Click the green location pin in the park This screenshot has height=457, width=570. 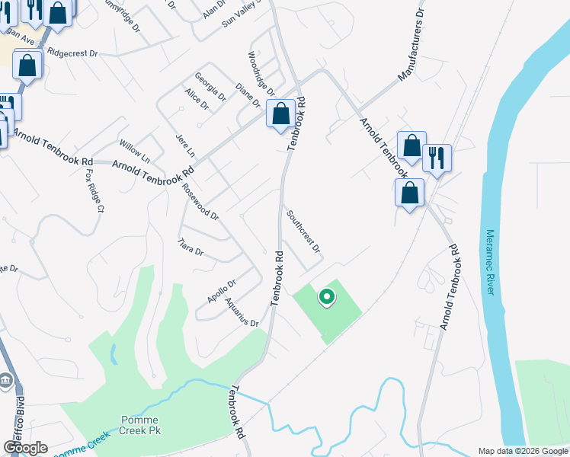tap(326, 296)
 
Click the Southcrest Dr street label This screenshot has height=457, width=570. tap(303, 232)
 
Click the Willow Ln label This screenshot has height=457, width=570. tap(134, 150)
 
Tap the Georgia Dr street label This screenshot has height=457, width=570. tap(210, 88)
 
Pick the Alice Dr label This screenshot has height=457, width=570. tap(196, 98)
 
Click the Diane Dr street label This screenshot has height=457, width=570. tap(248, 96)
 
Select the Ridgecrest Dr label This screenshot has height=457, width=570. tap(73, 53)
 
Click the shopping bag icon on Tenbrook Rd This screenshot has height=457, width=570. tap(280, 114)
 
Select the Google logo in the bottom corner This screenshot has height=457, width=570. tap(26, 448)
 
